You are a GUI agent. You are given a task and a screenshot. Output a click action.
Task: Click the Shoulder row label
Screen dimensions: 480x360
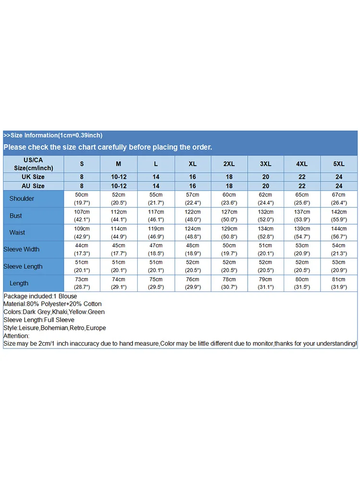click(22, 199)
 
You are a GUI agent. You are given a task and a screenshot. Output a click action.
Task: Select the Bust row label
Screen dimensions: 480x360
click(16, 216)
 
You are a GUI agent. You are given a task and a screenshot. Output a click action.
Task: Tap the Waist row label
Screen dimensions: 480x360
click(17, 232)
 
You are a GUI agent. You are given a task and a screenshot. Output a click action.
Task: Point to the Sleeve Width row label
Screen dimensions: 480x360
click(22, 249)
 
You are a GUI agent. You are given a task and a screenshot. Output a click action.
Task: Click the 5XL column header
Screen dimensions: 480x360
click(339, 164)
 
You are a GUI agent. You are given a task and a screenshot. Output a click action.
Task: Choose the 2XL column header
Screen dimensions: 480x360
click(229, 164)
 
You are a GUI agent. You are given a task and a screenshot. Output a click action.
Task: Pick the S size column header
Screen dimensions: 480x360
click(82, 164)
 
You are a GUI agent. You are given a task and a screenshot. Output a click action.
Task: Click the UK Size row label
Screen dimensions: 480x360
click(33, 177)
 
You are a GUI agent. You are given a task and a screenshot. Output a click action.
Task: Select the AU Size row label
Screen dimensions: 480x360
click(33, 186)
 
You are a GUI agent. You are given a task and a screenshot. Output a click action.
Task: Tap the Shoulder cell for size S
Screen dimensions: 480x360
click(82, 199)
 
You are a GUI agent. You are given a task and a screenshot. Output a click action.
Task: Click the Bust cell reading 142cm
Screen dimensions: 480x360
click(339, 216)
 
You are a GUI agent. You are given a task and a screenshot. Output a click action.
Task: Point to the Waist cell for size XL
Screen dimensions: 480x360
click(193, 232)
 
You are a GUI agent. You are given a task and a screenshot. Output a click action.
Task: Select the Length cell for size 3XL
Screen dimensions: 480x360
click(266, 283)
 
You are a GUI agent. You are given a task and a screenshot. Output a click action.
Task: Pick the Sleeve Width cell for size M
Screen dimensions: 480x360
click(119, 249)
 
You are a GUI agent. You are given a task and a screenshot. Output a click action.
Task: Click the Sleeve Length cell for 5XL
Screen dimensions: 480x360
click(339, 266)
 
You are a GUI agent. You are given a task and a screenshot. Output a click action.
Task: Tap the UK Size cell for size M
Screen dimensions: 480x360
click(119, 177)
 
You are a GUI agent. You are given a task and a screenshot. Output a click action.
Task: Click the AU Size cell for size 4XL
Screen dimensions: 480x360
click(302, 186)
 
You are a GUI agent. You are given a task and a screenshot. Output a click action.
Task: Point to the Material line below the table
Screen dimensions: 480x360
click(53, 304)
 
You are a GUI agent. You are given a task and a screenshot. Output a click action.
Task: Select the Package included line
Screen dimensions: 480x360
click(40, 296)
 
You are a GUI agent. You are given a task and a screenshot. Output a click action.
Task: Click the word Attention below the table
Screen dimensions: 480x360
click(16, 336)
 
